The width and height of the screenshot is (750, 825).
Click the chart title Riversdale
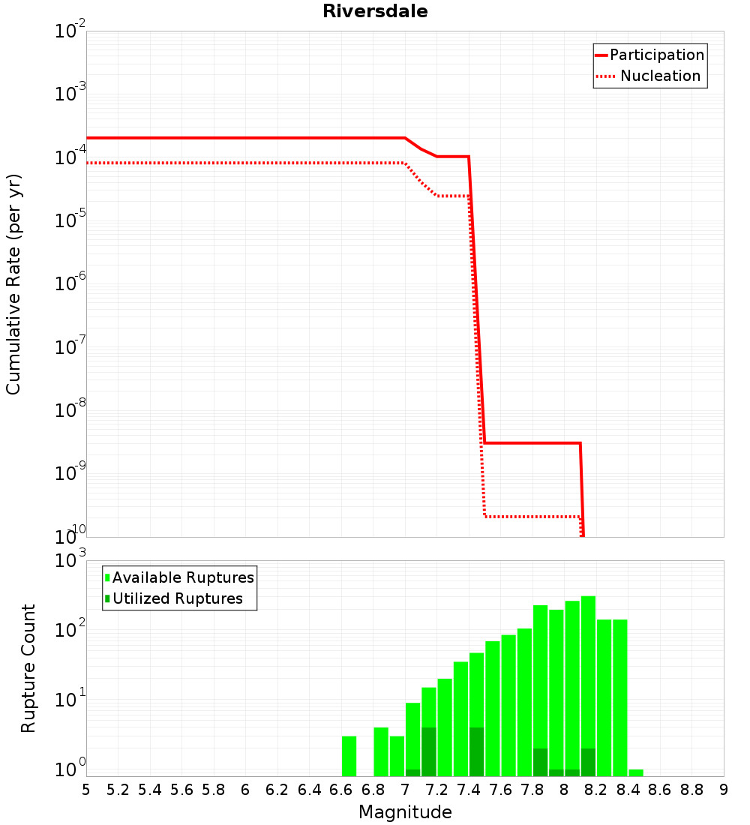[375, 12]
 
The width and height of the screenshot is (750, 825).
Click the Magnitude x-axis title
[405, 812]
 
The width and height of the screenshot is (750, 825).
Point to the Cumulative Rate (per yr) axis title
[13, 283]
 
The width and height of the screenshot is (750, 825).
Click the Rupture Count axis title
[28, 668]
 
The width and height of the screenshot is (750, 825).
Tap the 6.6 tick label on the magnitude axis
[341, 790]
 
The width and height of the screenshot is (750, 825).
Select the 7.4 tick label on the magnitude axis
[469, 790]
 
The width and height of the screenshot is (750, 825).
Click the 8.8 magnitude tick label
[692, 790]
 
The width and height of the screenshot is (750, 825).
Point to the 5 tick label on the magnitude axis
[86, 790]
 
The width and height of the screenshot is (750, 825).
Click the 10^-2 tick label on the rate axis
[70, 31]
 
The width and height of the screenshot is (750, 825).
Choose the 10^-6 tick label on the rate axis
[70, 284]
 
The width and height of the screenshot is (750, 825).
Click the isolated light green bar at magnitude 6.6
[349, 756]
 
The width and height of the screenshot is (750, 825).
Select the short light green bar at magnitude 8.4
[636, 772]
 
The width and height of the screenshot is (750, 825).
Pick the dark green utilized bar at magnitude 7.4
[476, 751]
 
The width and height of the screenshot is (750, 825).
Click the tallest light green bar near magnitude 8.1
[588, 686]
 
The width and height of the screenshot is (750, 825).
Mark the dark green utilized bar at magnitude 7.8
[540, 762]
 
